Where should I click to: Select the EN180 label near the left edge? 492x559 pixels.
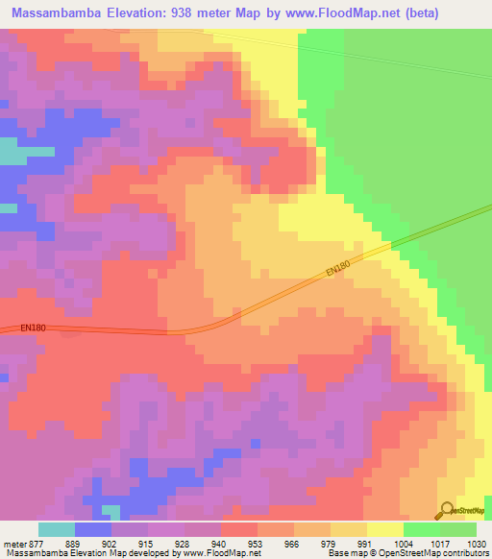coord(34,328)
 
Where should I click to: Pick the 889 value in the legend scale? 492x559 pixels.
coord(74,543)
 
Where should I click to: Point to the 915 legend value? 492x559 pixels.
coord(148,543)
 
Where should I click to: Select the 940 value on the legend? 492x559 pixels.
coord(221,543)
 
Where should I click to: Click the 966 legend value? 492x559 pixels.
coord(294,543)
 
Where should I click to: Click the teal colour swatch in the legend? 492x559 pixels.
coord(57,529)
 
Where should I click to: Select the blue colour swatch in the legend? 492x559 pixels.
coord(93,529)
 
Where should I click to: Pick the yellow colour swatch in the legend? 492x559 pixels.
coord(385,529)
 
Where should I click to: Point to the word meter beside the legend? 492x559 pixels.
coord(12,543)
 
